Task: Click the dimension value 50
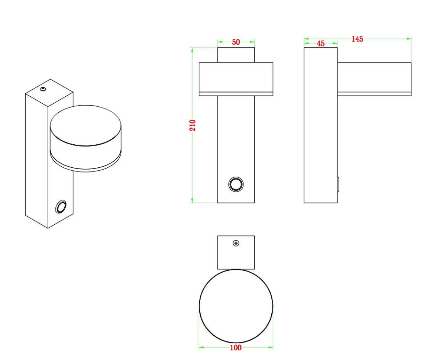coord(236,42)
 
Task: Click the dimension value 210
coord(192,125)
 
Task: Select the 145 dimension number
coord(357,39)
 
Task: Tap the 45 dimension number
coord(321,44)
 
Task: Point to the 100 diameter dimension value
coord(236,348)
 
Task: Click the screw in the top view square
coord(236,243)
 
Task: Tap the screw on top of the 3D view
coord(43,89)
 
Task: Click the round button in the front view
coord(236,184)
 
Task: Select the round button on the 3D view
coord(61,206)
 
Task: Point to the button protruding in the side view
coord(338,184)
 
